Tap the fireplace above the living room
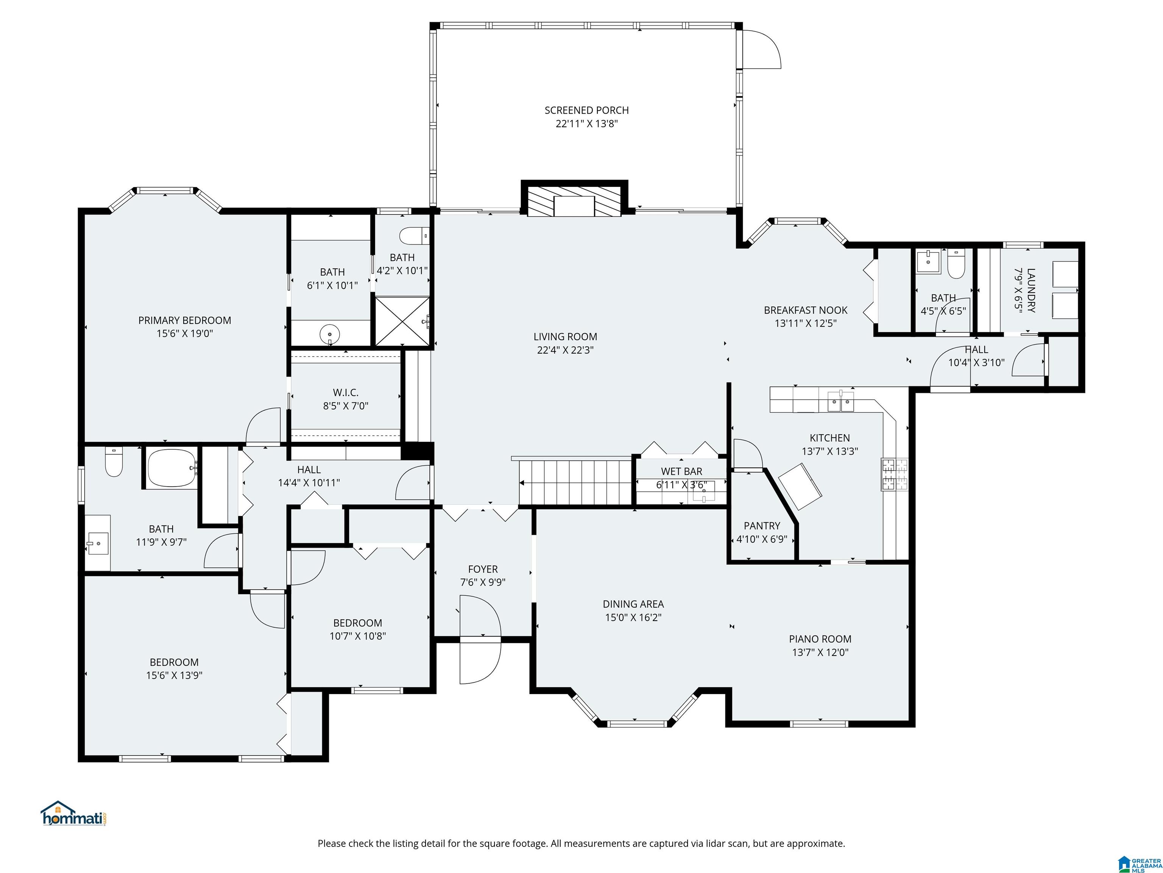pyautogui.click(x=574, y=199)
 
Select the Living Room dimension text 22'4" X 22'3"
pyautogui.click(x=565, y=350)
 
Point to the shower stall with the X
pyautogui.click(x=402, y=321)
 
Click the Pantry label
pyautogui.click(x=762, y=526)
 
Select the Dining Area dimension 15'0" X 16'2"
pyautogui.click(x=633, y=617)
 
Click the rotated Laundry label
pyautogui.click(x=1030, y=291)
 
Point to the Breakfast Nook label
pyautogui.click(x=806, y=310)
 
